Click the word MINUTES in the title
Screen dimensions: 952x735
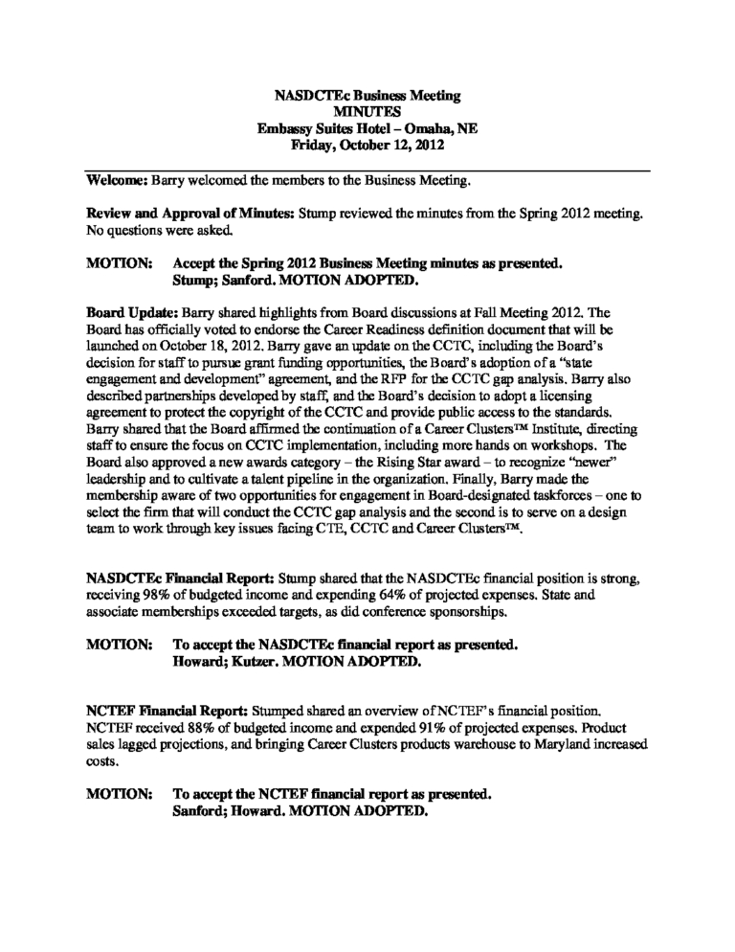coord(368,113)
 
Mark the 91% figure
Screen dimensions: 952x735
coord(406,729)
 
